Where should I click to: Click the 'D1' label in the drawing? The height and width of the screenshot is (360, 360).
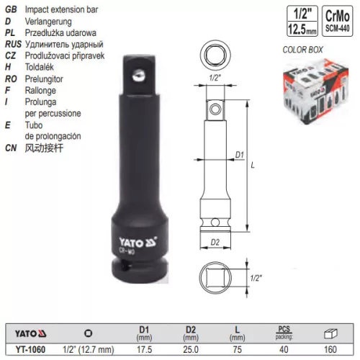coord(241,153)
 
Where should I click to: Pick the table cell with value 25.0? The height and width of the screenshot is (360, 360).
coord(190,351)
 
